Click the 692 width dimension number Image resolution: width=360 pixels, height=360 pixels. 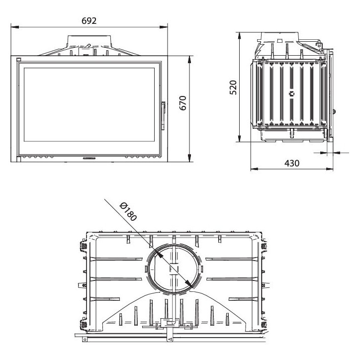coord(89,20)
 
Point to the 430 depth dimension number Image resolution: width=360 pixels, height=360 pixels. coord(292,163)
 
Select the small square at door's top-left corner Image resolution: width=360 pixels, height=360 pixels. coord(18,60)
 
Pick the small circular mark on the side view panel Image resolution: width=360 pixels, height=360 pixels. coord(292,93)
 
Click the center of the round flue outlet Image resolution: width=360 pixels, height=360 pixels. coord(174,269)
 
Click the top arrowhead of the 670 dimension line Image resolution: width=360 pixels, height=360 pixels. coord(190,58)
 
